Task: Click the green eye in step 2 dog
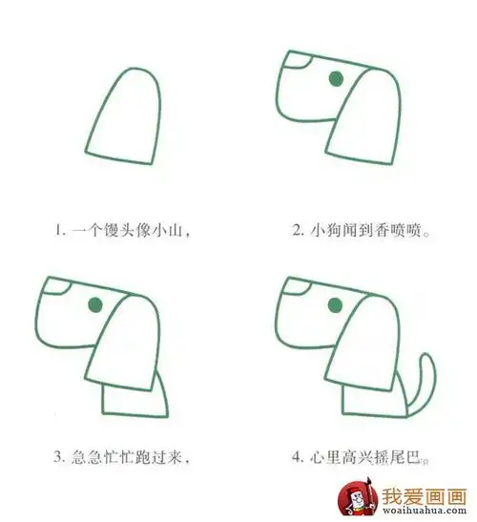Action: (336, 79)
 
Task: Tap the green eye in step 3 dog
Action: (95, 304)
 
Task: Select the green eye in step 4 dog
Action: (335, 304)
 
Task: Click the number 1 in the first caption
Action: (58, 230)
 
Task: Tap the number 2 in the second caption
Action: (299, 230)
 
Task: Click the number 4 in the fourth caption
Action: (299, 458)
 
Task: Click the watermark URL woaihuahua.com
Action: (421, 511)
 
